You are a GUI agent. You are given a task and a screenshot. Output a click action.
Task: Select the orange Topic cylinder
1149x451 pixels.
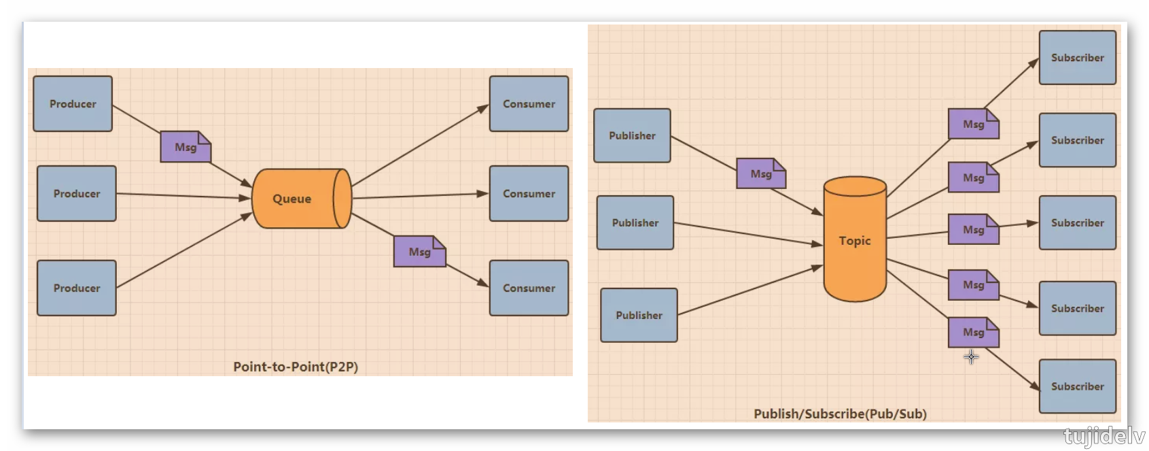[x=855, y=240]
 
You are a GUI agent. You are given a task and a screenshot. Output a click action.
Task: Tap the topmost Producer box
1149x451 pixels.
[x=73, y=103]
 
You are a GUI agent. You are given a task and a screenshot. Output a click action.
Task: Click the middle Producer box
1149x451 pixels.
[x=77, y=193]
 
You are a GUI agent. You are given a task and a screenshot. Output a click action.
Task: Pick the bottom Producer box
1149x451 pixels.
[x=77, y=288]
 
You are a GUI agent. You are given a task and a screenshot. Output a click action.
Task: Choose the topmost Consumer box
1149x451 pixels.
[x=529, y=103]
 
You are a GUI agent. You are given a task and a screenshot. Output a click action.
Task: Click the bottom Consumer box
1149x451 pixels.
[x=529, y=288]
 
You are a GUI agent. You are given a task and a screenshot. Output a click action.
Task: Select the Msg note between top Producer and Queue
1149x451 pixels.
[x=185, y=147]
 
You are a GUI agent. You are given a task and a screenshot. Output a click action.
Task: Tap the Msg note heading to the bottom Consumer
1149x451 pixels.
[x=419, y=252]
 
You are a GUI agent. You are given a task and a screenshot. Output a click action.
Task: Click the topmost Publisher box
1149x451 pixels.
[x=632, y=135]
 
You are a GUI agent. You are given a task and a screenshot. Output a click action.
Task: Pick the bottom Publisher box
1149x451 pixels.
[x=639, y=315]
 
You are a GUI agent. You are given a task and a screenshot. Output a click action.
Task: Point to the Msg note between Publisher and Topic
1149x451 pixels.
[x=761, y=173]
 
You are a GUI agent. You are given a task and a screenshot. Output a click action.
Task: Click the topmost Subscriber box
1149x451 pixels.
[x=1077, y=58]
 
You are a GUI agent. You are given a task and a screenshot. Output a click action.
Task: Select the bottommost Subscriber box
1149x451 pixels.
[x=1077, y=386]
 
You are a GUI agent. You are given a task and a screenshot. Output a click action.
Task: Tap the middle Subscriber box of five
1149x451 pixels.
[x=1077, y=222]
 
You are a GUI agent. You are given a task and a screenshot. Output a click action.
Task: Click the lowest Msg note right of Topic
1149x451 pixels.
[x=973, y=332]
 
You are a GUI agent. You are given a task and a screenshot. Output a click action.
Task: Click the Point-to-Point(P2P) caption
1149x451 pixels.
[x=296, y=367]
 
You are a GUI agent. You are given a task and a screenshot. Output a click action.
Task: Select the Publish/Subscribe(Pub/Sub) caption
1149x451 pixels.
[x=840, y=414]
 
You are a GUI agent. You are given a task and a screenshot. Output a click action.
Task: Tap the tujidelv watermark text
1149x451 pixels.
[x=1104, y=436]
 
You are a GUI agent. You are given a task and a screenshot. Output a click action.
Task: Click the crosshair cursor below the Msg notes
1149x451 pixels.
[x=971, y=357]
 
